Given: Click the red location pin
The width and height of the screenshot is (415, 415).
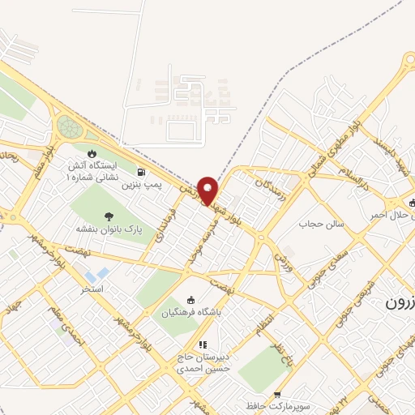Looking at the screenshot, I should click(208, 190).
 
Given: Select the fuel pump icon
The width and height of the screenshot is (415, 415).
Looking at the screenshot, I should click(143, 172).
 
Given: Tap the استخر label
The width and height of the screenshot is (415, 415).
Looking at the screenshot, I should click(91, 289).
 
